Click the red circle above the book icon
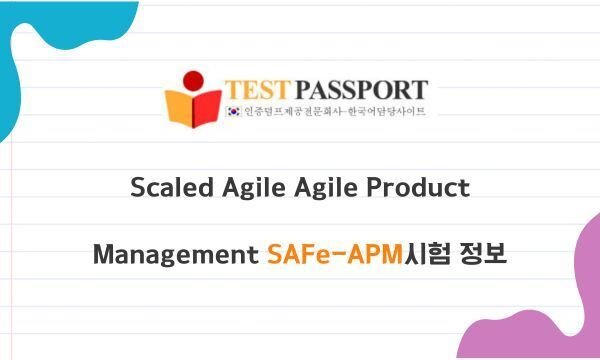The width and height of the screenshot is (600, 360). (x=193, y=79)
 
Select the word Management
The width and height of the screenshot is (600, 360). (x=176, y=255)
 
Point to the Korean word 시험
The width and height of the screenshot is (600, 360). (x=425, y=254)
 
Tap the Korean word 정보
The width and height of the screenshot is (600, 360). (x=484, y=254)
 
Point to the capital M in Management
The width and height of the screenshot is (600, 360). (x=103, y=254)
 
